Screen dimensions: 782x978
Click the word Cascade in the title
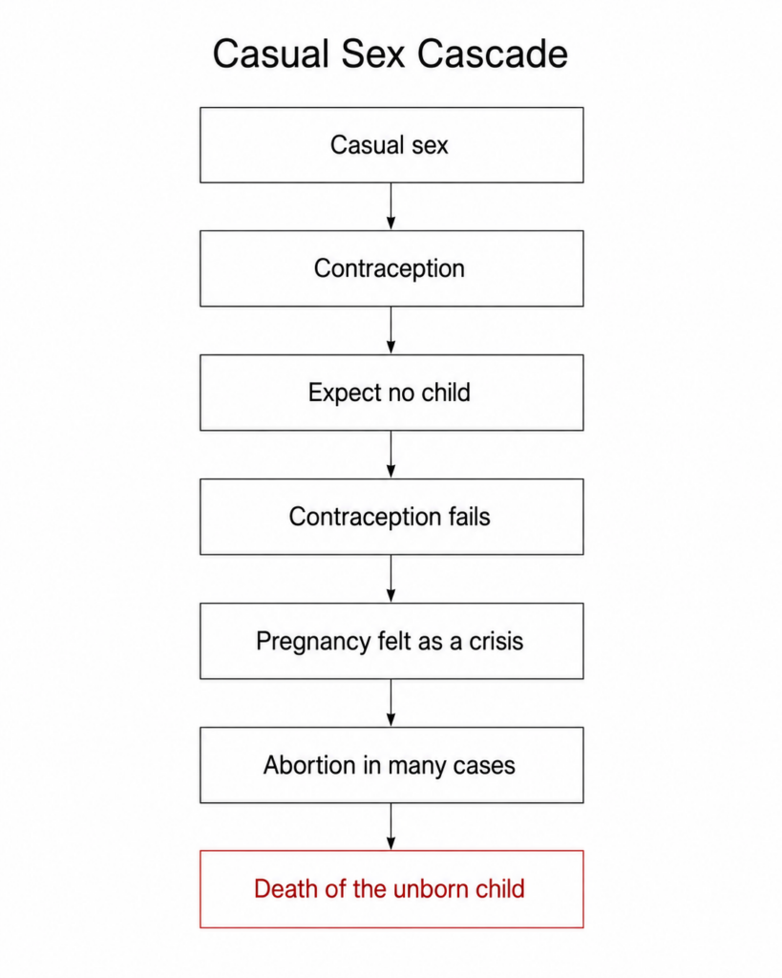[492, 53]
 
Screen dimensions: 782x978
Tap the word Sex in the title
[374, 53]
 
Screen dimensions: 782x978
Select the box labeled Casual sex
[391, 145]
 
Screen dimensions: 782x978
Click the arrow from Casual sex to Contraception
[391, 206]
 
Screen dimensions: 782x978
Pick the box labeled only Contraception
[391, 268]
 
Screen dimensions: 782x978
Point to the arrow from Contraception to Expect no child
[391, 330]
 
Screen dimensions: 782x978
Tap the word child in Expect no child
[445, 393]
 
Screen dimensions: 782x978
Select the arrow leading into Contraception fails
[391, 455]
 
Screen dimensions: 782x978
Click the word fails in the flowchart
[469, 517]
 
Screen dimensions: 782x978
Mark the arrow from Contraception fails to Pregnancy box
[391, 579]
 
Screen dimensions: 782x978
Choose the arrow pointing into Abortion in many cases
[391, 703]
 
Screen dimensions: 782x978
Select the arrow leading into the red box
[391, 826]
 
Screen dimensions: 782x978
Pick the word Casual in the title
[270, 53]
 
